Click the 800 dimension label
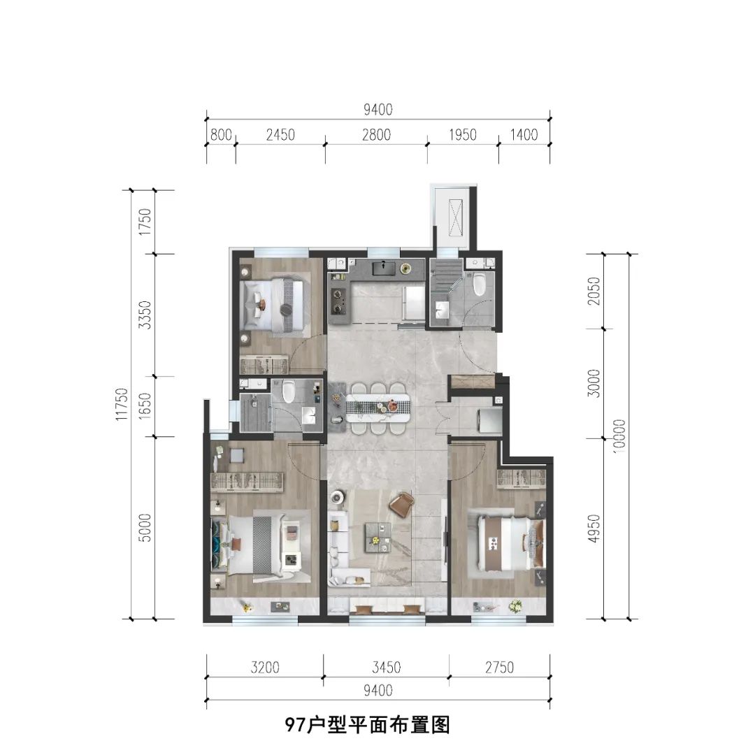(221, 135)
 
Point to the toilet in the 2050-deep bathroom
(479, 285)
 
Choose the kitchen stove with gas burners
(340, 299)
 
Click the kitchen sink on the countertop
(384, 267)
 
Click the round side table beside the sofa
(337, 498)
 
